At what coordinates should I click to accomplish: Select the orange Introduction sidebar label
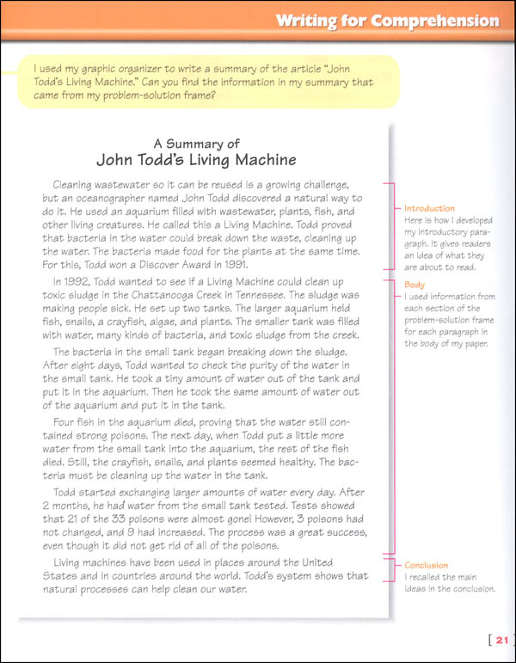point(429,209)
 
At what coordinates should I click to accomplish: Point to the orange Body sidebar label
point(414,285)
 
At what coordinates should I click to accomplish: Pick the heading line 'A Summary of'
point(196,144)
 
